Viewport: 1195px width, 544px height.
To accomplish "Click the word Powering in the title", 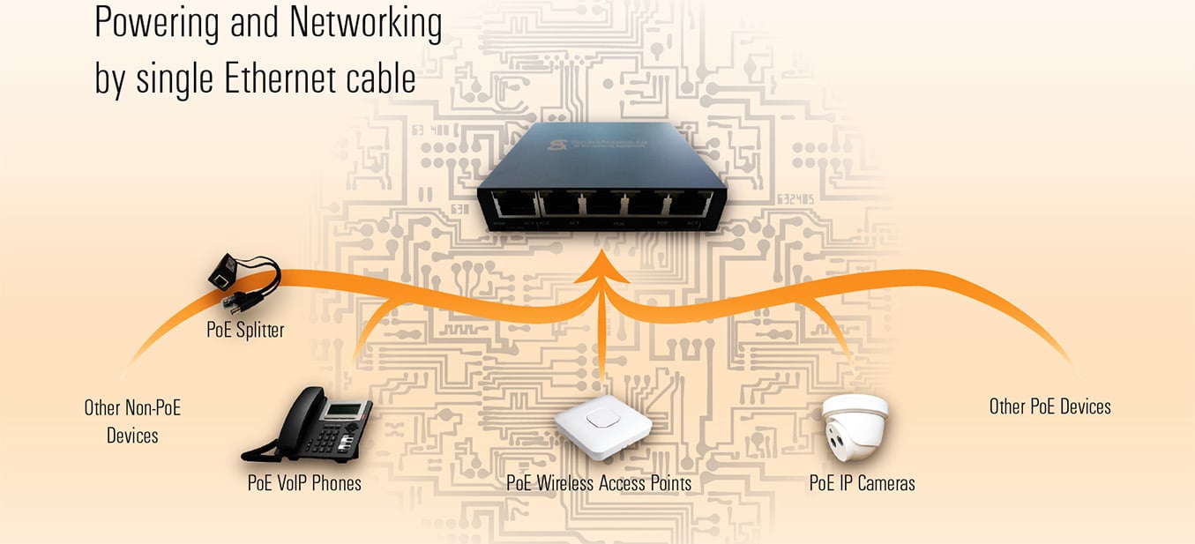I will [155, 25].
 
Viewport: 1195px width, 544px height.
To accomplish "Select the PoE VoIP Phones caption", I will [304, 483].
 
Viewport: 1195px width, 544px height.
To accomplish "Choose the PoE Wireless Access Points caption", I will [598, 483].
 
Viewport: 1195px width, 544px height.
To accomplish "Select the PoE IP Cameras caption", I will [862, 483].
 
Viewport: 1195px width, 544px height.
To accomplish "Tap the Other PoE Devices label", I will [1049, 406].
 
